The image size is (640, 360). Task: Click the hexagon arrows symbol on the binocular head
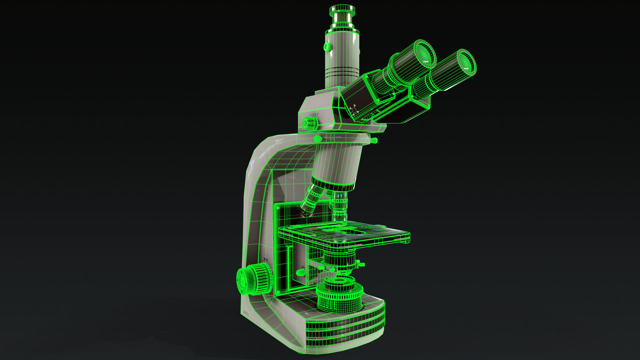[x=354, y=110]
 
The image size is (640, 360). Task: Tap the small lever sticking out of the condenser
[x=360, y=265]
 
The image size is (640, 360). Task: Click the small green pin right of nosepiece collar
[x=374, y=140]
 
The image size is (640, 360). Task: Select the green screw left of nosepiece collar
[x=318, y=138]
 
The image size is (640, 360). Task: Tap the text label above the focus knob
[x=266, y=259]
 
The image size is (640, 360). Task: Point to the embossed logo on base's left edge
[x=247, y=313]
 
